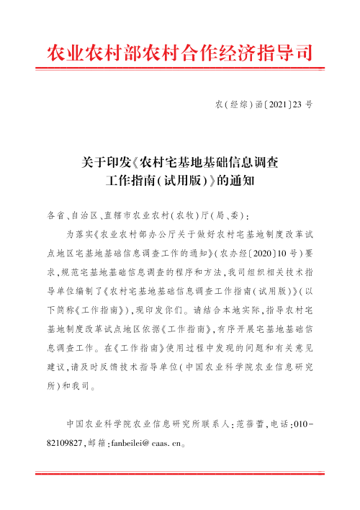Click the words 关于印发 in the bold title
click(107, 161)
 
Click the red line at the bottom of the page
click(180, 473)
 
